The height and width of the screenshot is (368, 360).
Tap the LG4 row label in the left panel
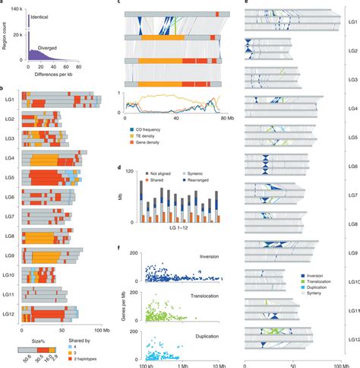(x=11, y=158)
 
